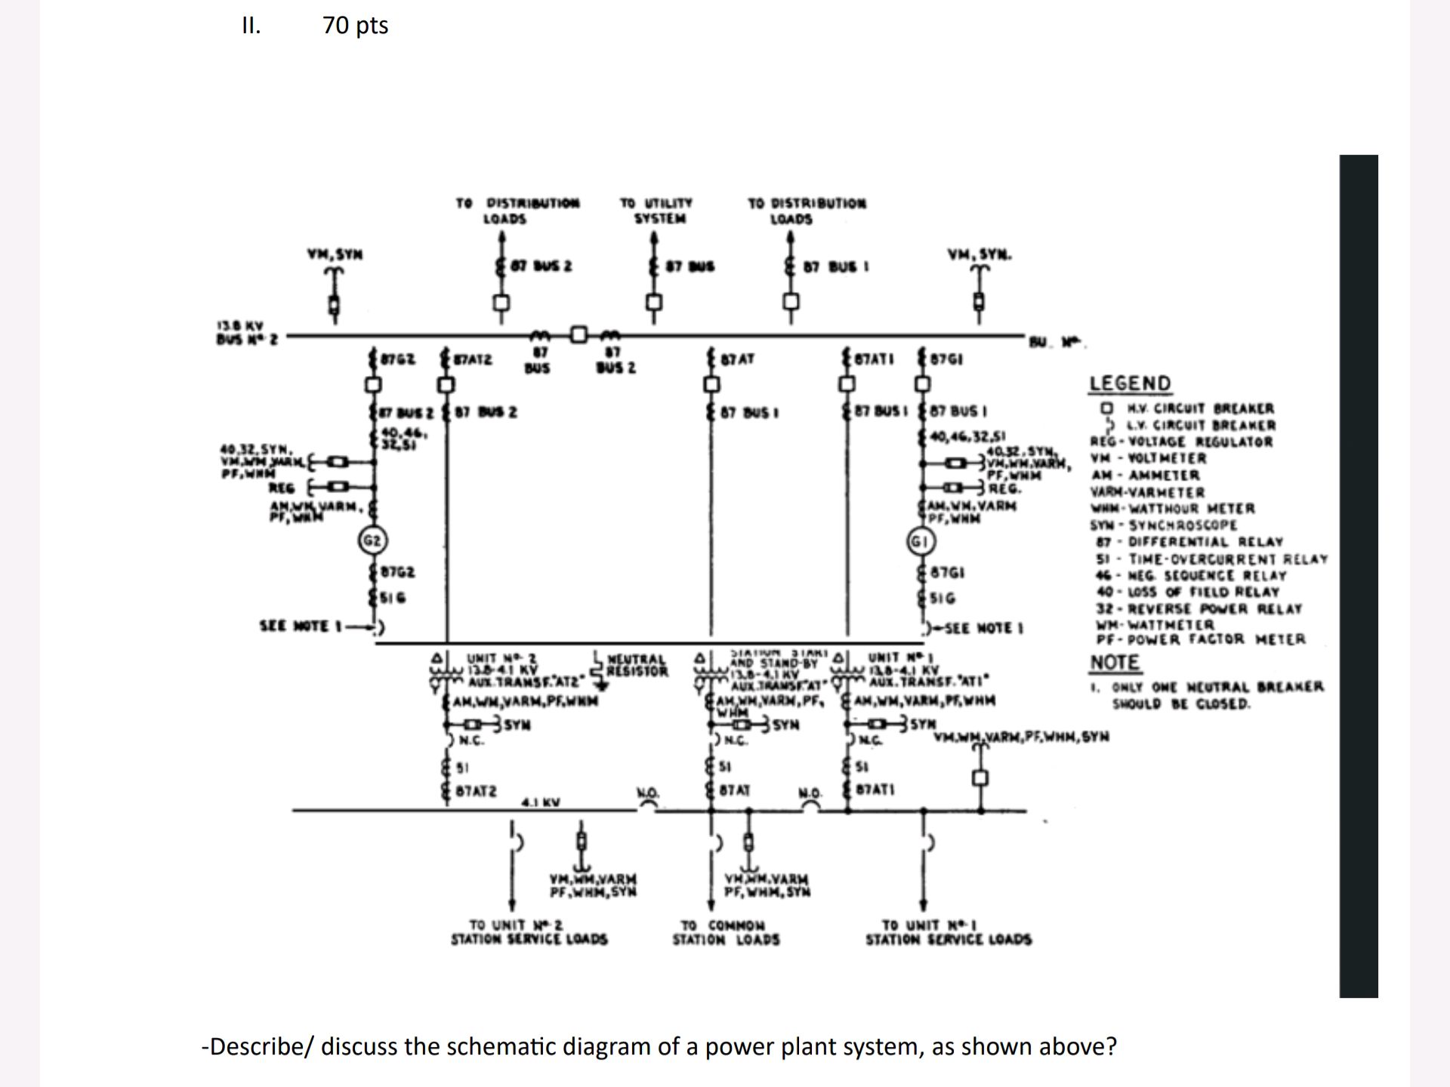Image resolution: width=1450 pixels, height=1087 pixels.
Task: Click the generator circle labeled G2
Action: (372, 540)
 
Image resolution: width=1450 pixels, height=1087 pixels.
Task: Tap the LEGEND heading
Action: (1130, 383)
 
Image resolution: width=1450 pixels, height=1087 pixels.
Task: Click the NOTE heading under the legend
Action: (1115, 663)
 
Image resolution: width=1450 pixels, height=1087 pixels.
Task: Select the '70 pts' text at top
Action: (355, 26)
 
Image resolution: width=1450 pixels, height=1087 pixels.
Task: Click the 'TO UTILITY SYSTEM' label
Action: (656, 211)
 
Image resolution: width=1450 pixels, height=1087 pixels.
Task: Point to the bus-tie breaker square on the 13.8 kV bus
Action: (578, 334)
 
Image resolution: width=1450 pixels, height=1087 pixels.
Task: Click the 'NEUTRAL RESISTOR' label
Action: (637, 665)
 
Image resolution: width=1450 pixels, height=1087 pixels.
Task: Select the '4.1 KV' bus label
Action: (541, 802)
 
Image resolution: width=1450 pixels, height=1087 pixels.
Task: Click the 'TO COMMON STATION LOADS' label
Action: (726, 932)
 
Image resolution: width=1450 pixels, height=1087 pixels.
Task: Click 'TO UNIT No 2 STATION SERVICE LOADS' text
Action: (529, 932)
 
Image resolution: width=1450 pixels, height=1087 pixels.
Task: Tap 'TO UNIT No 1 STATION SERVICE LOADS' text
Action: (948, 932)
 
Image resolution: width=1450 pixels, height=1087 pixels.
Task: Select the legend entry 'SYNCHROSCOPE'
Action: (1183, 525)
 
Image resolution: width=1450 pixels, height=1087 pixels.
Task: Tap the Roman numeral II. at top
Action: (251, 26)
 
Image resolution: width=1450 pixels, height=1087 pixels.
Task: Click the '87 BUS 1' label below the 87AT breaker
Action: (749, 413)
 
